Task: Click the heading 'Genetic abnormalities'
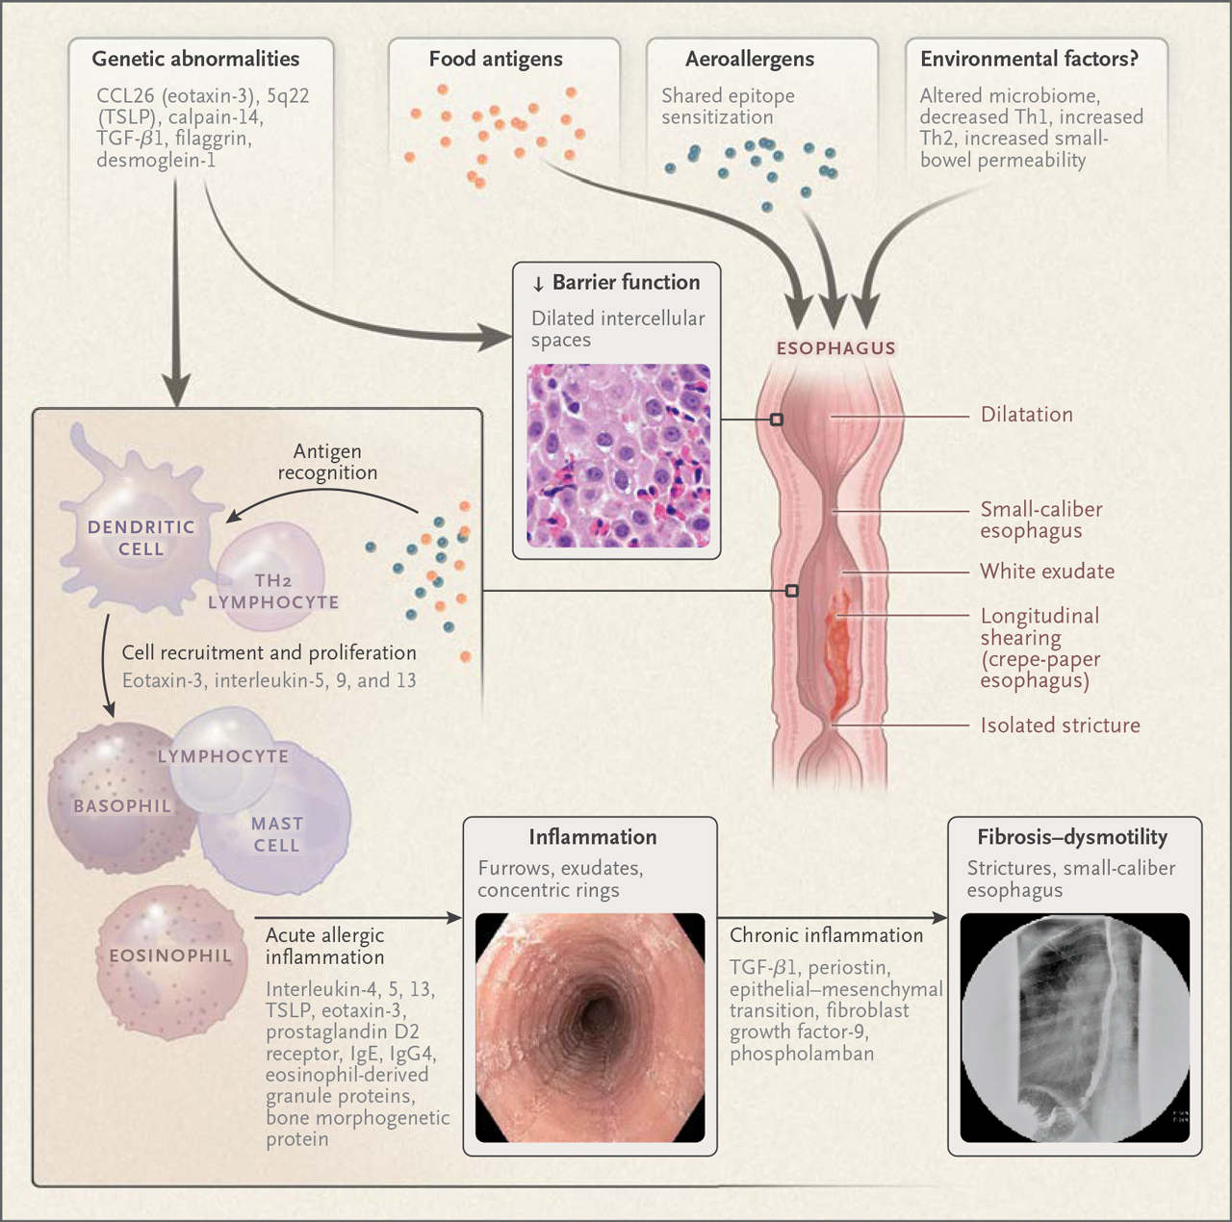(195, 59)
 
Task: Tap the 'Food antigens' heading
(496, 60)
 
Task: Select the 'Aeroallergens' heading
(749, 60)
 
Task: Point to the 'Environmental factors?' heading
(1029, 59)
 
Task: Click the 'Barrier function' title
(626, 282)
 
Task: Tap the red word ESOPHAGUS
(836, 348)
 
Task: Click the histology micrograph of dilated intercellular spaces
(618, 455)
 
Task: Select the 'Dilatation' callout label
(1027, 415)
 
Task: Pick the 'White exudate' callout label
(1047, 571)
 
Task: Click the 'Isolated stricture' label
(1061, 726)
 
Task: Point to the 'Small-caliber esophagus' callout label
(1041, 520)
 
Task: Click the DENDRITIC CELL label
(141, 538)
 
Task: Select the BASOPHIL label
(122, 805)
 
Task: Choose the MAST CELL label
(277, 834)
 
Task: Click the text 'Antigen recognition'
(327, 462)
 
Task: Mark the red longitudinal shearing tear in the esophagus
(837, 652)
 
